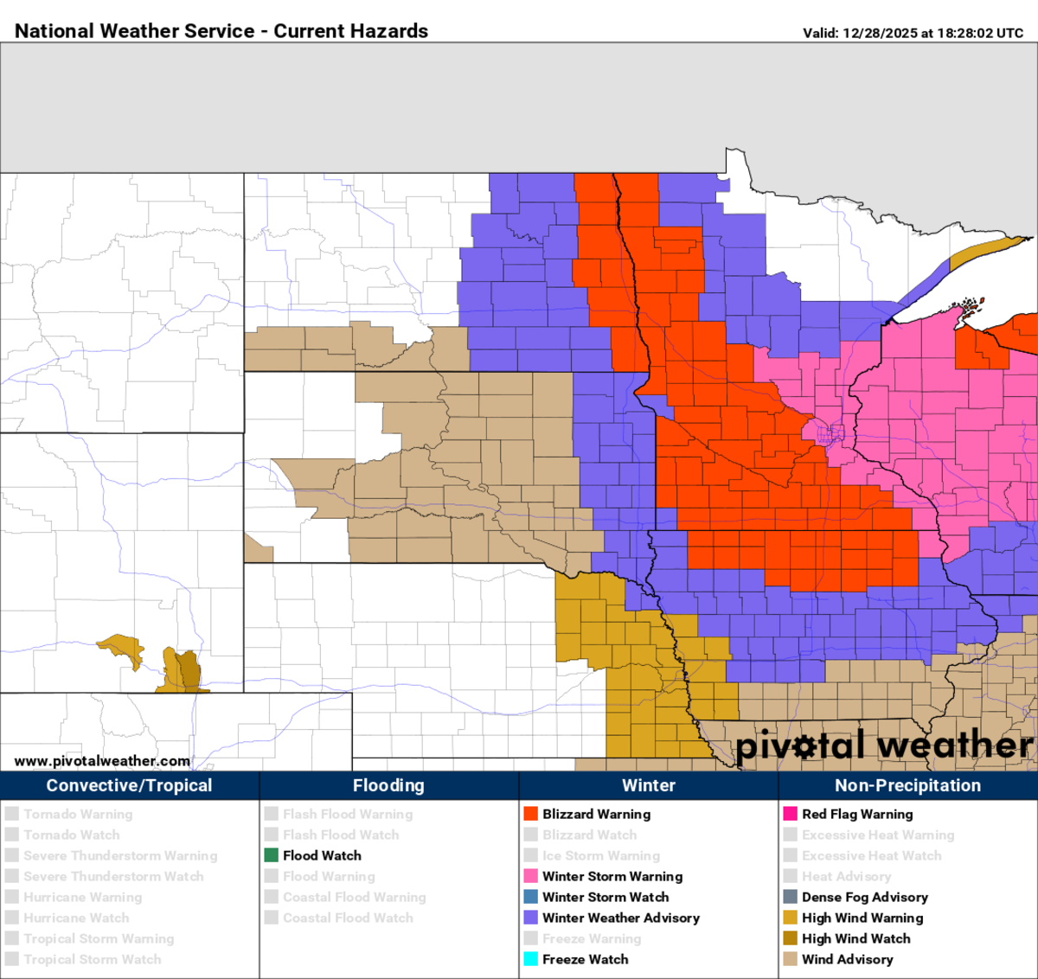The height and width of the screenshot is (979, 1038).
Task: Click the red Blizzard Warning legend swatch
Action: tap(531, 814)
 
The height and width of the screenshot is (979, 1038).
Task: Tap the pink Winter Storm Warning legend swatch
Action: tap(531, 876)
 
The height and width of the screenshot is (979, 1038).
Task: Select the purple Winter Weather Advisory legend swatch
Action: tap(531, 918)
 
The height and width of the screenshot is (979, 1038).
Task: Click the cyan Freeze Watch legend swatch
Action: tap(531, 959)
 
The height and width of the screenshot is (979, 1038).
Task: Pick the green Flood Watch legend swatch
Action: tap(272, 855)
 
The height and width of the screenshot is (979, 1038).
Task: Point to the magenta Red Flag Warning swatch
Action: tap(791, 814)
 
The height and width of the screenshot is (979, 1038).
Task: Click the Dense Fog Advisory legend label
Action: tap(864, 897)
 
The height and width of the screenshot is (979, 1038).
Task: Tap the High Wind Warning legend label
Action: tap(862, 918)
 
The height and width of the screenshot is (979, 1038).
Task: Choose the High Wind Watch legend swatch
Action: tap(791, 938)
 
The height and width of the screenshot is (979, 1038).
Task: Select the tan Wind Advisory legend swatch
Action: tap(791, 959)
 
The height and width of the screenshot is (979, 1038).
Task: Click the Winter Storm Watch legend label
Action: tap(605, 897)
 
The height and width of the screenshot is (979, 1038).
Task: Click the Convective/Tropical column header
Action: tap(130, 785)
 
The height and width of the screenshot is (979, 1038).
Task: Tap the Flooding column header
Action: tap(388, 785)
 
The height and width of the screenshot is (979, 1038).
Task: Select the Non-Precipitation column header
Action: tap(907, 785)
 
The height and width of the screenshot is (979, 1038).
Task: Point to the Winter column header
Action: tap(649, 785)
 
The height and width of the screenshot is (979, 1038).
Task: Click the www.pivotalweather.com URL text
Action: tap(102, 761)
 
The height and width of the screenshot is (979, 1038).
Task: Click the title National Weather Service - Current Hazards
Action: tap(221, 31)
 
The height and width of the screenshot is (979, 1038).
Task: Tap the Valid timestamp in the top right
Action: tap(913, 33)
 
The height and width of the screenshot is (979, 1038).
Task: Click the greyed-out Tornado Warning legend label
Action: tap(78, 814)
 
